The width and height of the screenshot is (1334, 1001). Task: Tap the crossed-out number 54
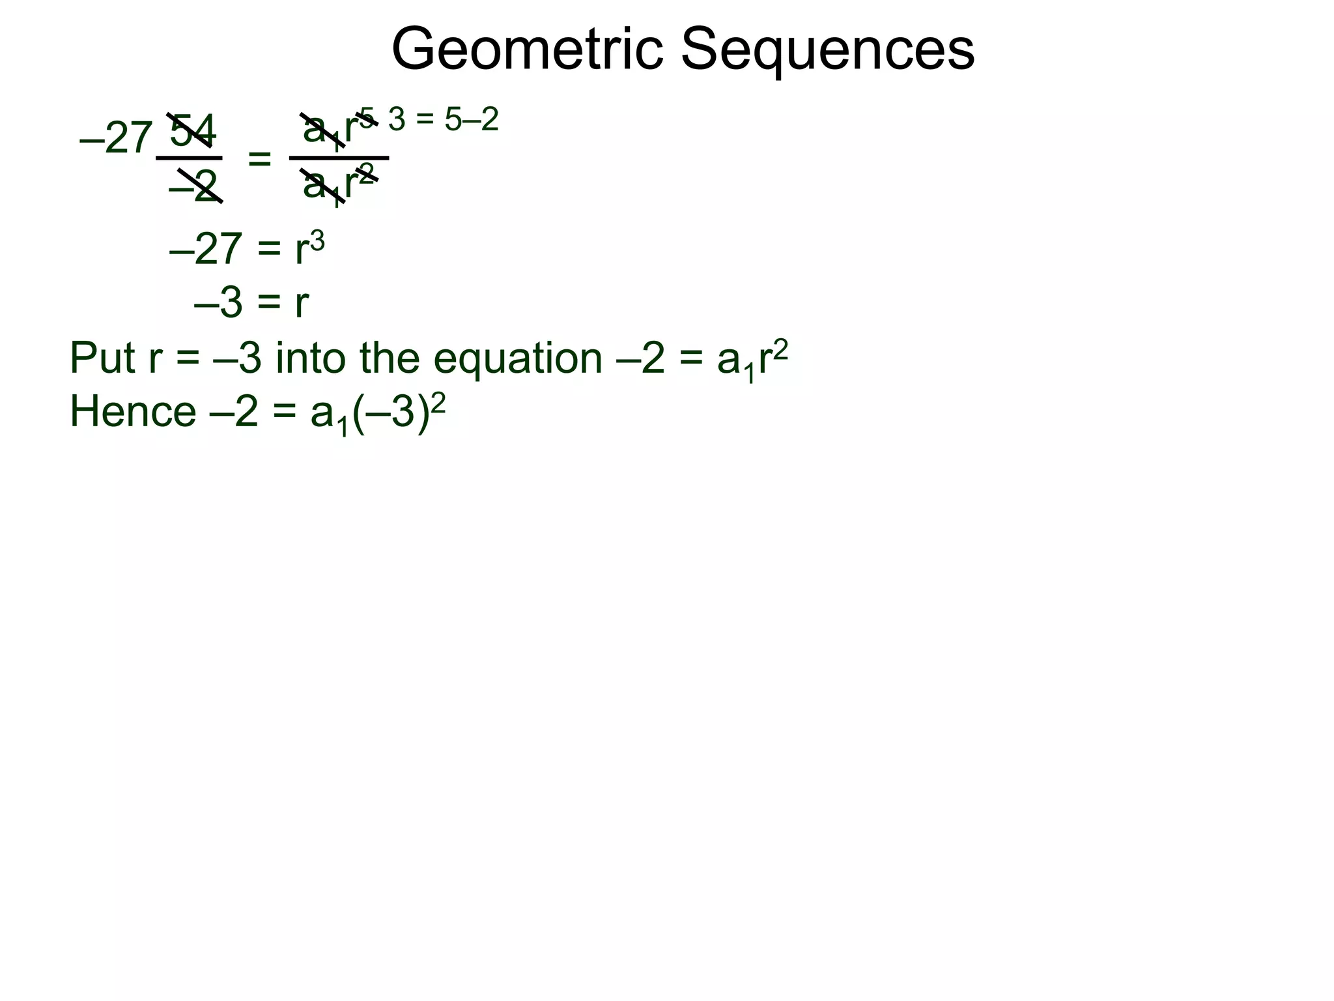[192, 130]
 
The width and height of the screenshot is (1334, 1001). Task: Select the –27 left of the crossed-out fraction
[116, 139]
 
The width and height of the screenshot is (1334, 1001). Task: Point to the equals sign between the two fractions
[259, 158]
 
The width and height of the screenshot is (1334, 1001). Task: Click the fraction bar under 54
[189, 158]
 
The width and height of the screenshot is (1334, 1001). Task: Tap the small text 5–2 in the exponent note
[472, 119]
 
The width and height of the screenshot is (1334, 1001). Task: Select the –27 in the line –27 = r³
[206, 249]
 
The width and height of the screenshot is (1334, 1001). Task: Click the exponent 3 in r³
[317, 241]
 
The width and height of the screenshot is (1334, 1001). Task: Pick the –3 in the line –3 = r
[218, 303]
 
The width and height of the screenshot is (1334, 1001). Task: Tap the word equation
[518, 359]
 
